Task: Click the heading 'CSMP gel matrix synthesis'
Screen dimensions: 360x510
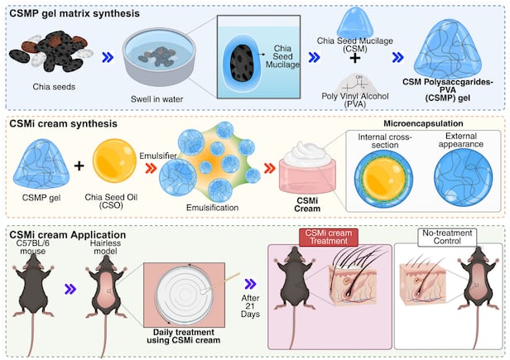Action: point(76,12)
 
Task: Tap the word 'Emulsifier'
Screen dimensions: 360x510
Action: point(178,141)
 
